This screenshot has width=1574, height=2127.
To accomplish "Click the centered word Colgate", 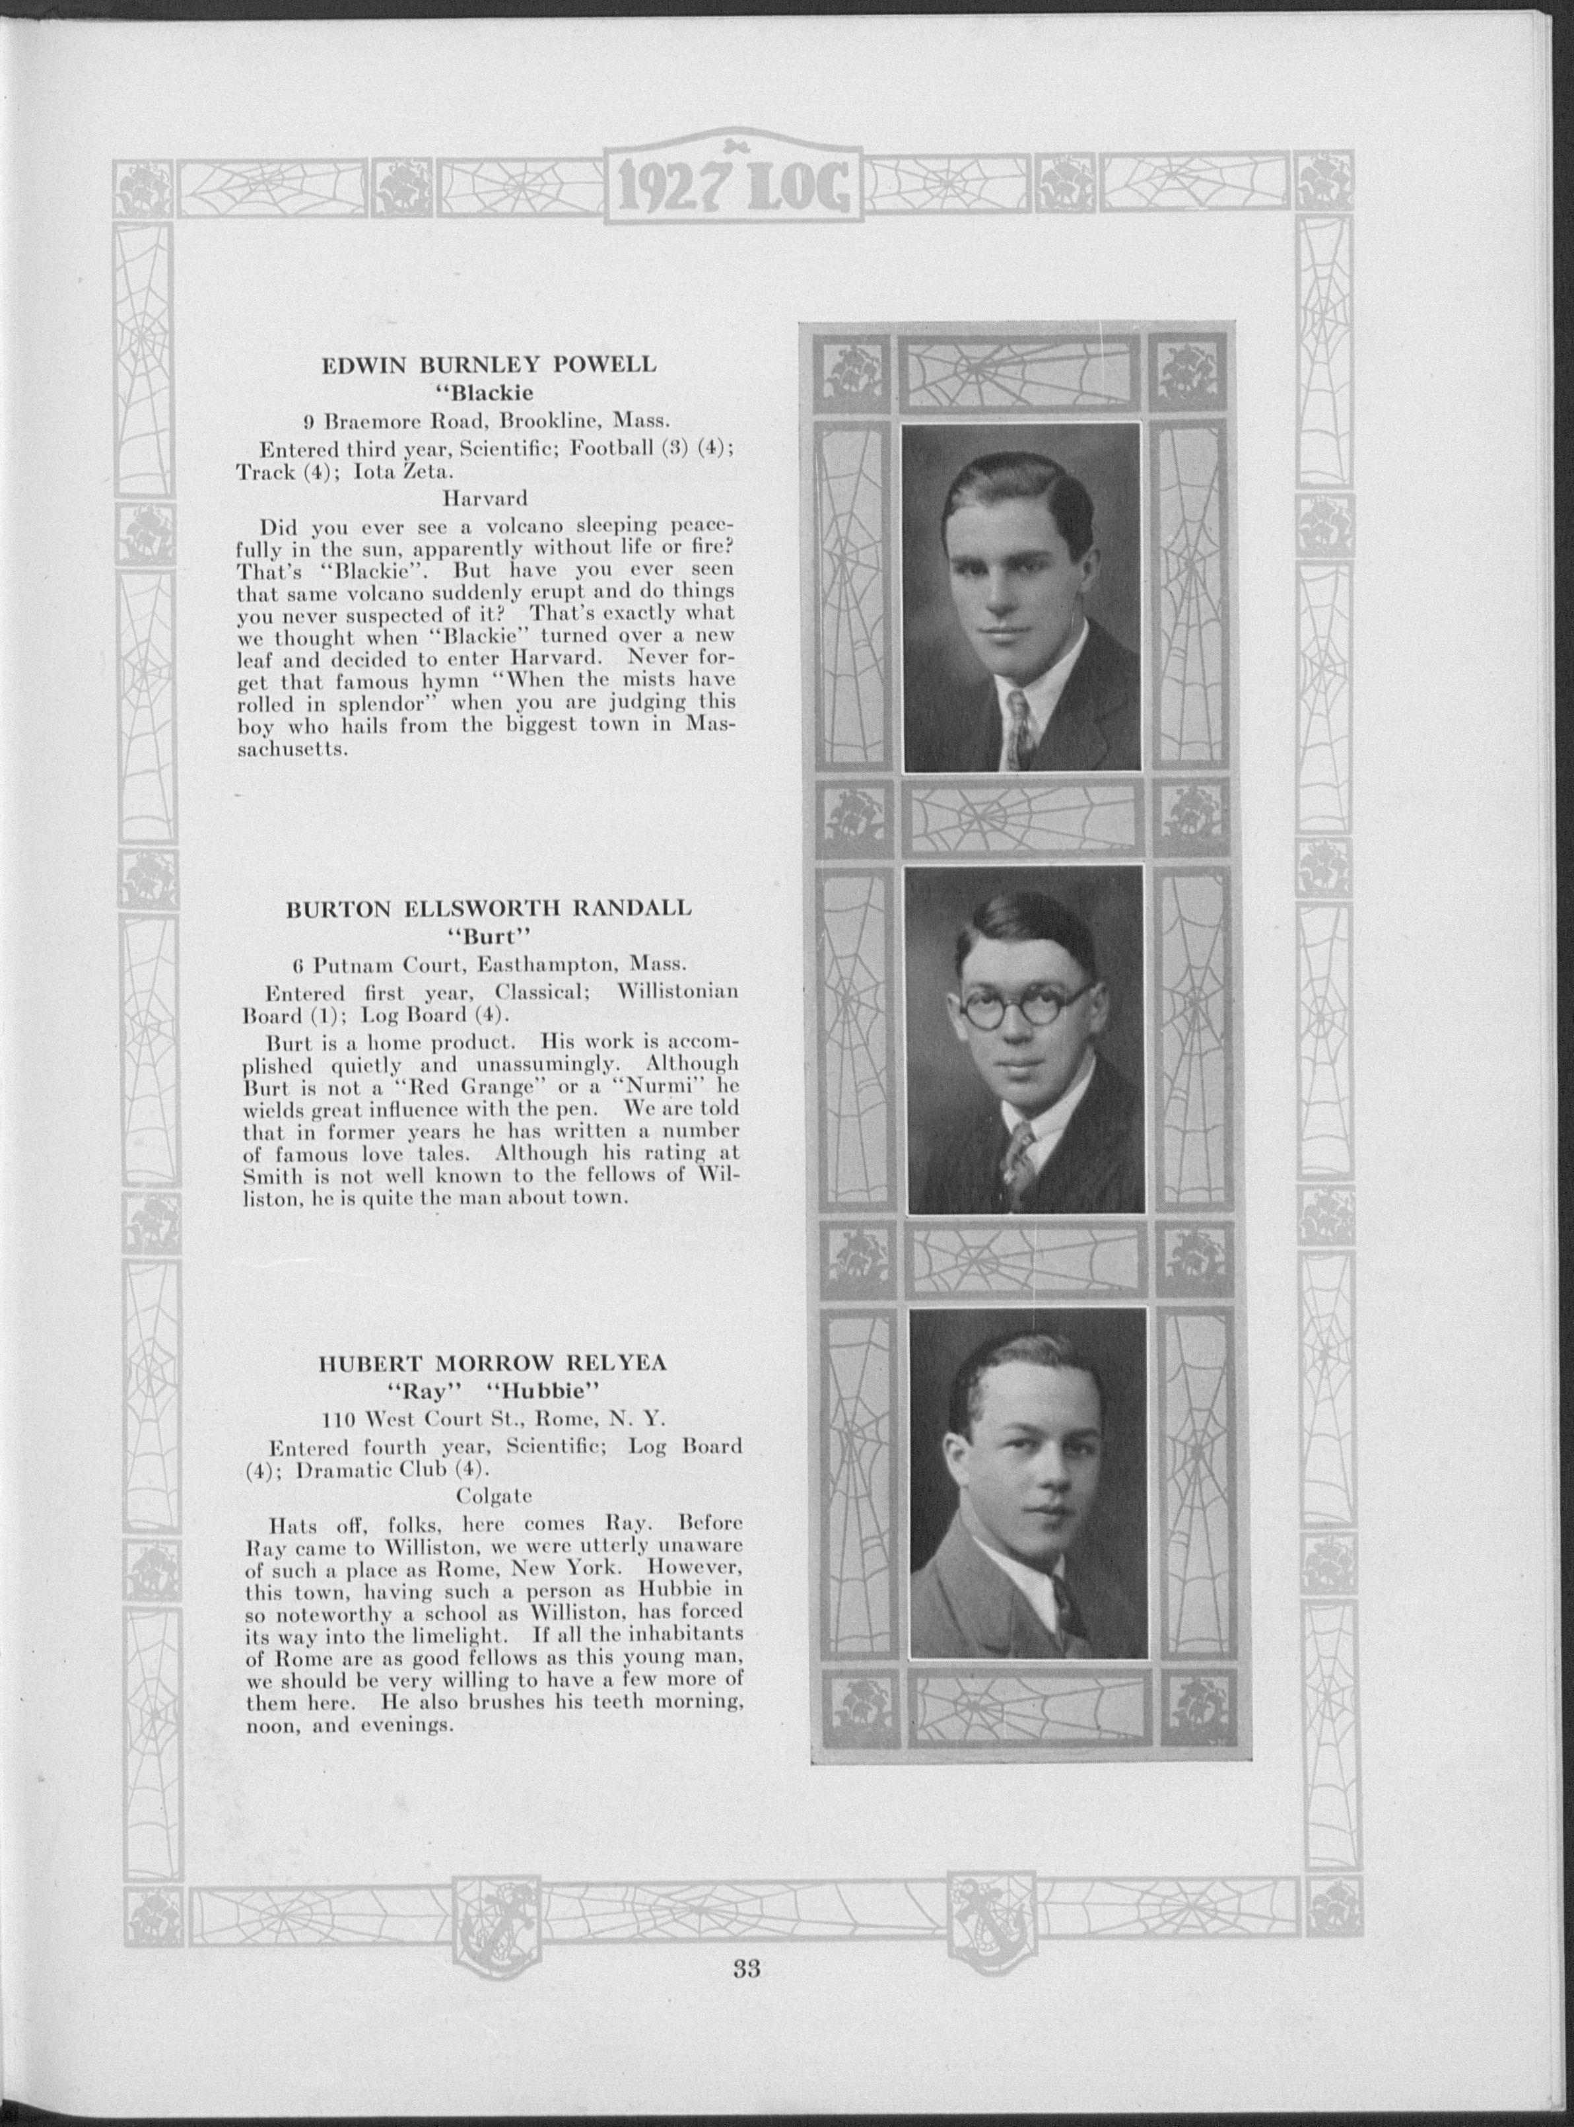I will click(494, 1494).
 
